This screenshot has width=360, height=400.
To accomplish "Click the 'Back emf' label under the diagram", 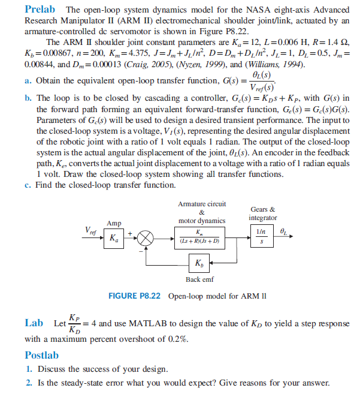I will point(198,279).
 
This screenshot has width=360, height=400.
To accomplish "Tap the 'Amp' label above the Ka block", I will point(114,222).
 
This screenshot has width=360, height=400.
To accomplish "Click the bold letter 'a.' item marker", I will point(29,80).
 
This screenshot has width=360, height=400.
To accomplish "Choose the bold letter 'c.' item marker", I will point(29,185).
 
